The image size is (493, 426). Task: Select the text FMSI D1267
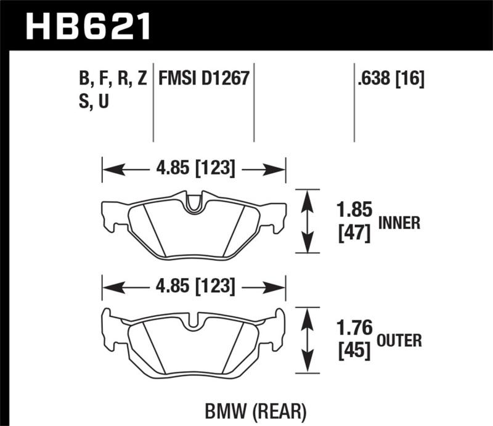(203, 79)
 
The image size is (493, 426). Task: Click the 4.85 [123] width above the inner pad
(194, 168)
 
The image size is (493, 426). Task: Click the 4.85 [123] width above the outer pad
(194, 287)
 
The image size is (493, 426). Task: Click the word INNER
(399, 223)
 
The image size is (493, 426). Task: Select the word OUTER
(401, 340)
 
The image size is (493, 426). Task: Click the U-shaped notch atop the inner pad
(194, 204)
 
